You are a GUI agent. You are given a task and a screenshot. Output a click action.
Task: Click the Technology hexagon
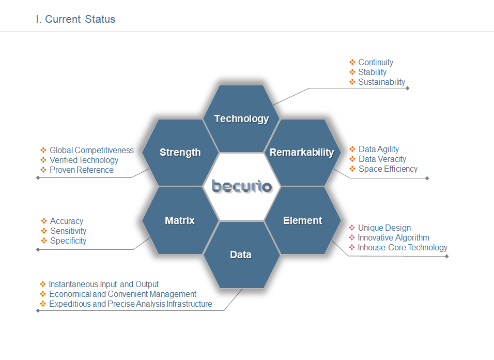point(241,118)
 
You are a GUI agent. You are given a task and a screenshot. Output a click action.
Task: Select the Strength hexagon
point(180,152)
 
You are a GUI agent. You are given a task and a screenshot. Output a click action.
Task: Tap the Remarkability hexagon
point(302,152)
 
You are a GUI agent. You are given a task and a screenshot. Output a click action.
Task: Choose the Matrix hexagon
point(180,220)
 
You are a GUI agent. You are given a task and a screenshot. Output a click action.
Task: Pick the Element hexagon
point(302,220)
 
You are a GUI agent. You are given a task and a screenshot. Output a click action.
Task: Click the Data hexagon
point(241,254)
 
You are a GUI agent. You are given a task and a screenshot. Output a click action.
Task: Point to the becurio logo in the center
point(242,186)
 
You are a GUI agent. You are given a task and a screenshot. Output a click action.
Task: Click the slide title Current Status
point(75,19)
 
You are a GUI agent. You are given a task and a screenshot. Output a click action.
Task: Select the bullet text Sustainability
point(381,82)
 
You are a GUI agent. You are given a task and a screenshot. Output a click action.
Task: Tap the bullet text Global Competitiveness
point(91,150)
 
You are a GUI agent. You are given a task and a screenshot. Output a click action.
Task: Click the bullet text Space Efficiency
point(388,169)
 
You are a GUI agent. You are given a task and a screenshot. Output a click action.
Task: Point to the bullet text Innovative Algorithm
point(394,238)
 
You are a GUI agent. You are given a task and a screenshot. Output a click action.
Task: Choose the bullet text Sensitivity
point(68,231)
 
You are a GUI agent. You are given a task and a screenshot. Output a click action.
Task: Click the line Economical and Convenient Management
point(123,294)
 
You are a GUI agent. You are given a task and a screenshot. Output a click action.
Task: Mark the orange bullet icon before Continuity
point(352,62)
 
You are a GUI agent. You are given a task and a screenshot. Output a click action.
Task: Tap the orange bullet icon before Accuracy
point(44,221)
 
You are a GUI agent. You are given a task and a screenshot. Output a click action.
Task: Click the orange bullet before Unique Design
point(352,228)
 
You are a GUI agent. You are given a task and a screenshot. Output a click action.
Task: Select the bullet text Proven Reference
point(82,170)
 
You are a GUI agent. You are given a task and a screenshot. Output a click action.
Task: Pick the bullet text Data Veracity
point(382,159)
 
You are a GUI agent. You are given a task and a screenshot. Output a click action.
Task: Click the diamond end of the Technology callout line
point(407,88)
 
